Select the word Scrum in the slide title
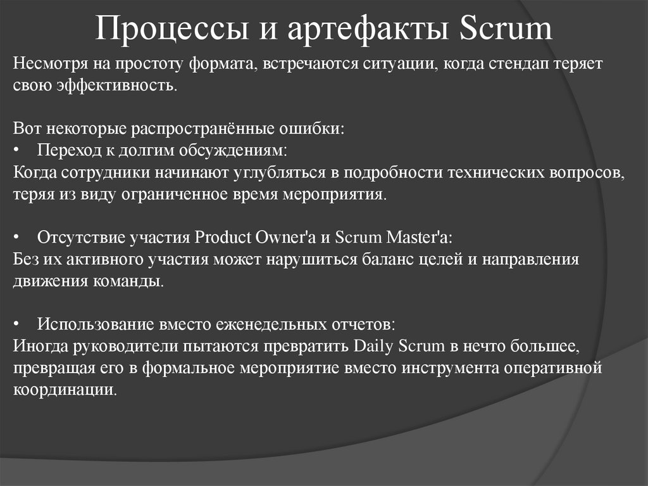coord(504,29)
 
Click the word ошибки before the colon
coord(319,129)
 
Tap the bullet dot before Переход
coord(16,151)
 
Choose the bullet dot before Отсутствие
coord(16,238)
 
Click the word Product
coord(224,237)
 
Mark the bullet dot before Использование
coord(16,325)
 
